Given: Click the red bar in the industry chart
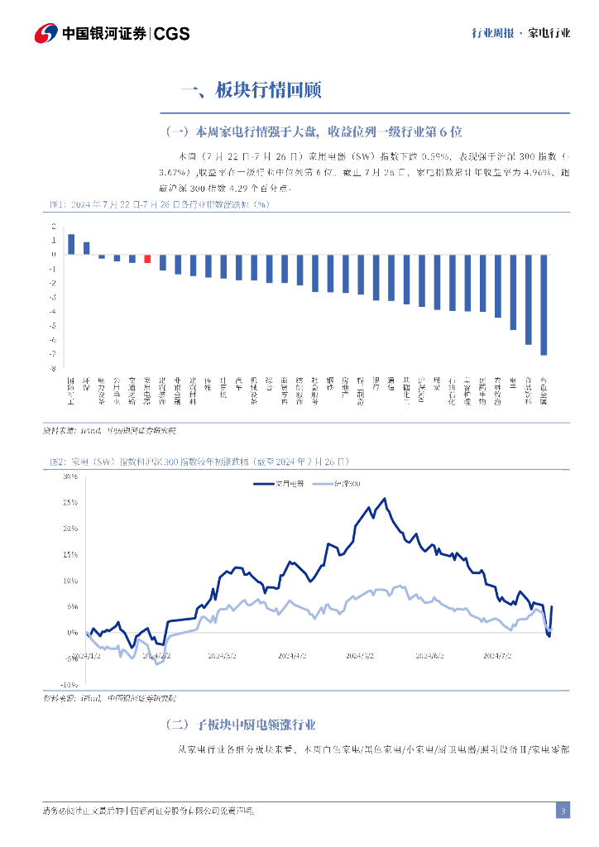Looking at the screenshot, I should (x=147, y=259).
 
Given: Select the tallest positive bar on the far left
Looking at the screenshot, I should (x=71, y=244).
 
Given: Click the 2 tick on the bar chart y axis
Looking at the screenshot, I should (x=53, y=226).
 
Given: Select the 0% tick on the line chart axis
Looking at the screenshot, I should (x=73, y=632).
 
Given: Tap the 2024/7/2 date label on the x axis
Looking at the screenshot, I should (x=497, y=655).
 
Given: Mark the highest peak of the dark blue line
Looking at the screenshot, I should (x=384, y=499).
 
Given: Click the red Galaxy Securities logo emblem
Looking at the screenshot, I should (x=46, y=34).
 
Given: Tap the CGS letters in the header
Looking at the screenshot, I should (x=172, y=34).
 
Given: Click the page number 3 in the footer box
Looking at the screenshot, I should (x=563, y=810).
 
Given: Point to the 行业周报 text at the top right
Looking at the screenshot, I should (x=491, y=34).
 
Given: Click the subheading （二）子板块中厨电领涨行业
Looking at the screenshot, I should (x=240, y=725).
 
